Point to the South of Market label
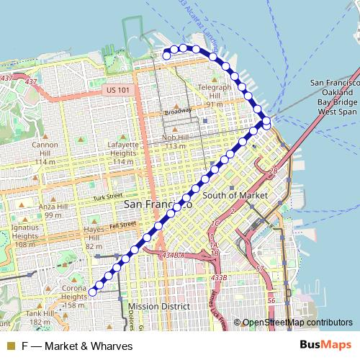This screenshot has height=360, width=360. (235, 195)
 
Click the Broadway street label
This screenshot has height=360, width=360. (178, 112)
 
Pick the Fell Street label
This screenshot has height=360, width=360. (122, 225)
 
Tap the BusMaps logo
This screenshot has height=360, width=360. (325, 345)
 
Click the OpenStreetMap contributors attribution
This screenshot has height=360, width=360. (297, 323)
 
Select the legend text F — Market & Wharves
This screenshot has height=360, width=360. (77, 346)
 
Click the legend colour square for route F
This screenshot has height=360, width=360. (10, 346)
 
